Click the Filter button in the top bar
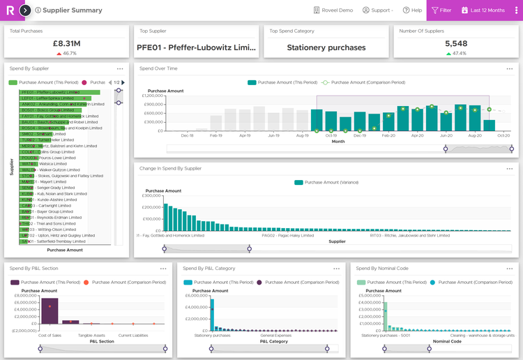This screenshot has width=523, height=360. tap(441, 10)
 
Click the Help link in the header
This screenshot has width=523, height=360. tap(413, 10)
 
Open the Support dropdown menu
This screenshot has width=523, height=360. tap(378, 10)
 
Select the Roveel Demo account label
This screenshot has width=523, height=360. tap(333, 10)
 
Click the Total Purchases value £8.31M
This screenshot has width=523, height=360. tap(66, 43)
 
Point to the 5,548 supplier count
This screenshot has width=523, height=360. tap(455, 43)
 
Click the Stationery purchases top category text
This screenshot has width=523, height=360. tap(326, 48)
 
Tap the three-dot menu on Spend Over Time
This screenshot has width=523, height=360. tap(510, 68)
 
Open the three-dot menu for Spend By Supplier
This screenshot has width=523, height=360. tap(120, 68)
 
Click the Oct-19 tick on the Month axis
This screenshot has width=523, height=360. tap(331, 136)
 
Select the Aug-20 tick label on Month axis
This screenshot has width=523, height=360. tap(475, 136)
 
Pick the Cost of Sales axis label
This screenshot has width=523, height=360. tap(51, 336)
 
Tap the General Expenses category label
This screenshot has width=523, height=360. tap(276, 336)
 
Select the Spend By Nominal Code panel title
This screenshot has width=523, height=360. tap(383, 268)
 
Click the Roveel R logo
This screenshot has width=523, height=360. tap(9, 10)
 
